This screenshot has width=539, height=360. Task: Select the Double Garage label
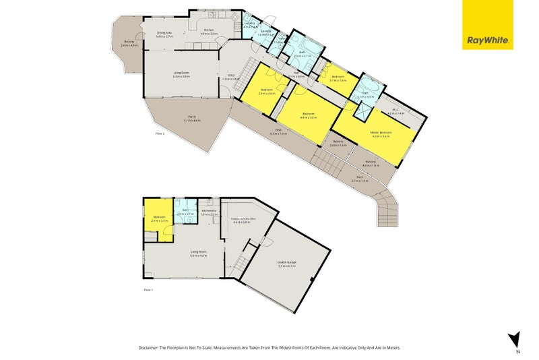[x=287, y=263]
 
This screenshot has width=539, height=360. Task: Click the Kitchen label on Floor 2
[x=209, y=30]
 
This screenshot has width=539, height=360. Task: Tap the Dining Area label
[x=164, y=32]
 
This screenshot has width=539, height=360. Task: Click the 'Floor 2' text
[x=160, y=134]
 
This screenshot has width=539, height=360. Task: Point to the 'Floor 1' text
[x=149, y=290]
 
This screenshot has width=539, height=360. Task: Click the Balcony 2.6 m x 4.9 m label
[x=129, y=44]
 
